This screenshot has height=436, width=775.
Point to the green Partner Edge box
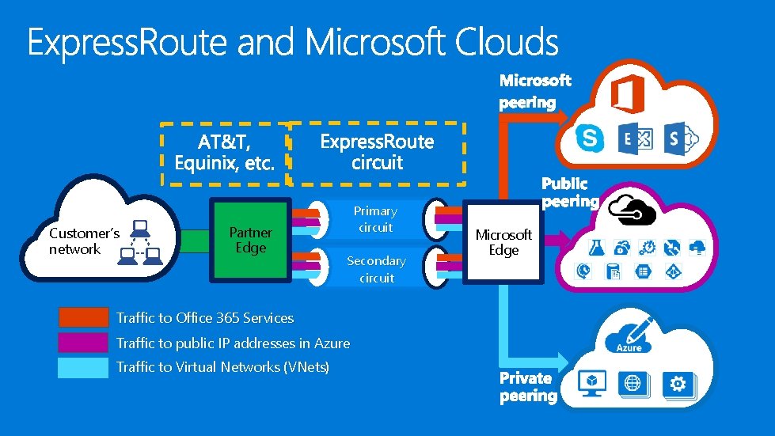click(250, 240)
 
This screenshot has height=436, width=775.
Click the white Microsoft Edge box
click(503, 242)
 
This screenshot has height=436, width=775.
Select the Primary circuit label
click(375, 219)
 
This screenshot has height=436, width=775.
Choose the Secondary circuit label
click(376, 269)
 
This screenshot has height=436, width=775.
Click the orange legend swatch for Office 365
click(83, 318)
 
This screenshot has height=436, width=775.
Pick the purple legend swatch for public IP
click(83, 343)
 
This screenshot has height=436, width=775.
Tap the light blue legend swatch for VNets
click(83, 367)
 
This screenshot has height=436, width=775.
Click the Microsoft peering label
click(535, 91)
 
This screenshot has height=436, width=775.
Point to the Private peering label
click(528, 387)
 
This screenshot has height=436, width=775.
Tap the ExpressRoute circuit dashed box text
click(377, 152)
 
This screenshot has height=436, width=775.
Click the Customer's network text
click(84, 241)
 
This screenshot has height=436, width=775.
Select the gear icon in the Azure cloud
click(678, 384)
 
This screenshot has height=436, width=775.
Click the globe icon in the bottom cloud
click(633, 384)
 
